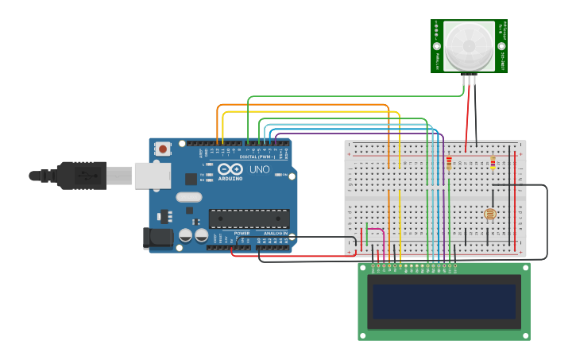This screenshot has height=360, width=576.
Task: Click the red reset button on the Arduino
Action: coord(163,149)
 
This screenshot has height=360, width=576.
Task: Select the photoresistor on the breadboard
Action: coord(489,214)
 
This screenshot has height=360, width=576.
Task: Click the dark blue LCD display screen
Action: coord(444,301)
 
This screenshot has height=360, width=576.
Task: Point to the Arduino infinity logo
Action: coord(230,169)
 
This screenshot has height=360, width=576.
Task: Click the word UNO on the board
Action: coord(260,170)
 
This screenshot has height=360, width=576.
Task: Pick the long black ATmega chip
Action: coord(249,219)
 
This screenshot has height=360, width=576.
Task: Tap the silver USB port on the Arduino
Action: coord(153,176)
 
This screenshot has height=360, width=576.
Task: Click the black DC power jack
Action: coord(157,237)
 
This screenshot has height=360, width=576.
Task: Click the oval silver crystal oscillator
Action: coord(189,197)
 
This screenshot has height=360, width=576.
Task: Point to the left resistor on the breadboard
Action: coord(449,164)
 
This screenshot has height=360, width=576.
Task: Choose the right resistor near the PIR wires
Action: coord(493,163)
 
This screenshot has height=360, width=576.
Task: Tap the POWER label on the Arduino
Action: coord(242,233)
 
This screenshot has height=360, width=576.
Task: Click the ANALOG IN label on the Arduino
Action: coord(276,233)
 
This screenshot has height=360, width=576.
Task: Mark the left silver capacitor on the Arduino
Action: coord(185,235)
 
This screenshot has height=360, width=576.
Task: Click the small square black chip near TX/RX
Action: coord(191,180)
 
